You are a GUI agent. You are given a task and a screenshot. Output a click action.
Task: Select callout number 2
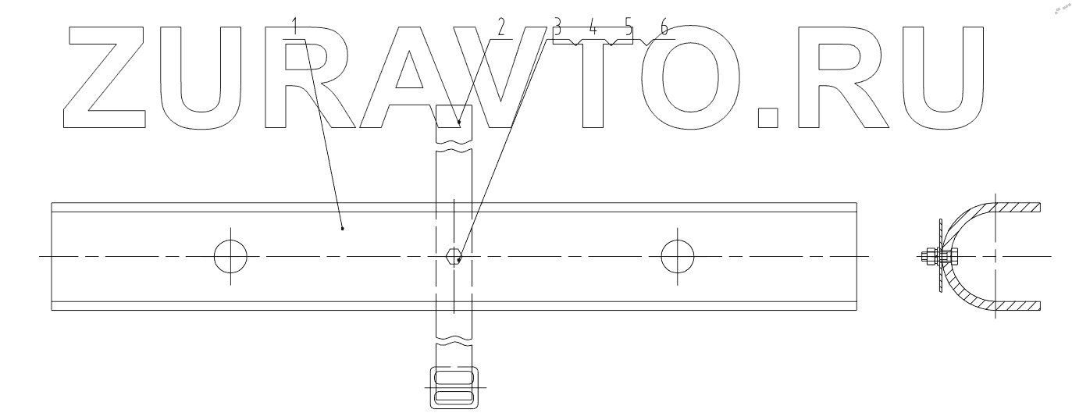click(x=501, y=27)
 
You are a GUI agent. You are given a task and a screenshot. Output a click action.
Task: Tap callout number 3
click(x=557, y=28)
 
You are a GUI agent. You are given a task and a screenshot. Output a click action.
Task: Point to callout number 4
click(x=593, y=28)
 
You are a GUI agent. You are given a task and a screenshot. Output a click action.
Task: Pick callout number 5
click(x=629, y=28)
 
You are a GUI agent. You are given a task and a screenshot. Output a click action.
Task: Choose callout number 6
click(x=664, y=28)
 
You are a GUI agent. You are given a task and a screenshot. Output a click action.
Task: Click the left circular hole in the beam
click(x=230, y=256)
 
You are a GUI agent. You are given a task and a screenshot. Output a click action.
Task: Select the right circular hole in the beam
click(x=677, y=256)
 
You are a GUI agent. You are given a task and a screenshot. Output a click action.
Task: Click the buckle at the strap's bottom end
click(x=454, y=388)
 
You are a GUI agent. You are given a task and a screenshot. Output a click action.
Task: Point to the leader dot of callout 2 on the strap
click(x=460, y=121)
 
